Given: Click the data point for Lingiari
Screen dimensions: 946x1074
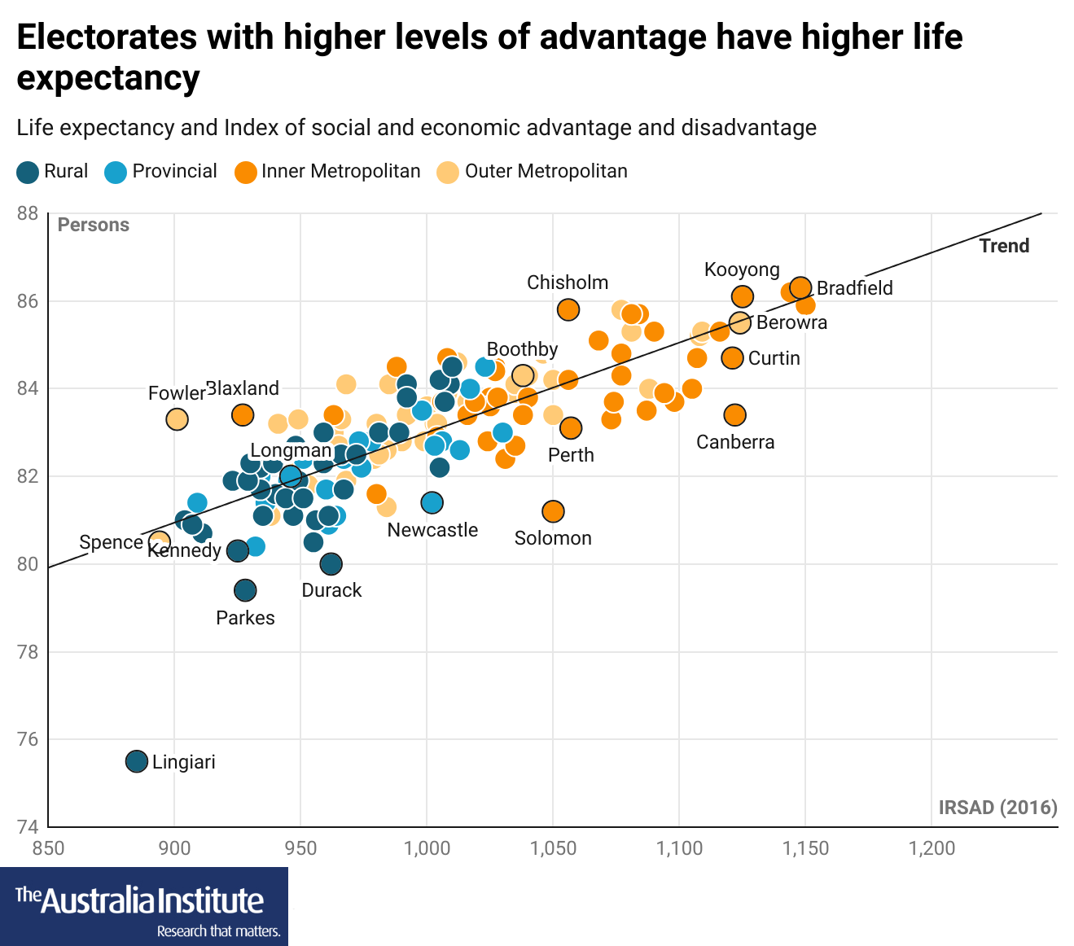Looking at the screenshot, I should [x=137, y=761].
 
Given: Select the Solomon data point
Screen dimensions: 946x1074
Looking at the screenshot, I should [x=553, y=511].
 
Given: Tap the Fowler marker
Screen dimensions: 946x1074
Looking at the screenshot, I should [x=177, y=419].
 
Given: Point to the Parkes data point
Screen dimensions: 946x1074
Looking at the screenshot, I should [x=245, y=590].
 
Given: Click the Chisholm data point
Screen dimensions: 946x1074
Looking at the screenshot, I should [x=568, y=309].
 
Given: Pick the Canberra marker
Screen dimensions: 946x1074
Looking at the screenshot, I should [x=734, y=415].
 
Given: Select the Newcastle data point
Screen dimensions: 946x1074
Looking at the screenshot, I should [x=432, y=502].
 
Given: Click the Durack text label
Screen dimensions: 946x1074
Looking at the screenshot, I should [x=331, y=590].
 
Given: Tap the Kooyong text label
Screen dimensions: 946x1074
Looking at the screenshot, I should [x=742, y=269].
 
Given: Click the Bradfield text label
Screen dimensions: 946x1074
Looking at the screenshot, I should [x=854, y=288].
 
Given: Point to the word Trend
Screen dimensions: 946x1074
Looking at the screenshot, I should [x=1004, y=246].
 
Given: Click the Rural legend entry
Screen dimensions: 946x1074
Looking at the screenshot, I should [x=53, y=172].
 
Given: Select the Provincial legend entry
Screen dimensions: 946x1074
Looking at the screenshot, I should [x=161, y=172].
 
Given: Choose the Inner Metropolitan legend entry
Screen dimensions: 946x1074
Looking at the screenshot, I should [x=327, y=172].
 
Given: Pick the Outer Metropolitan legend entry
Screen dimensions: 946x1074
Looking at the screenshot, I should [x=533, y=172].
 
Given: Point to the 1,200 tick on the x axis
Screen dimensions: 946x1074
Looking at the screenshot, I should [x=932, y=848].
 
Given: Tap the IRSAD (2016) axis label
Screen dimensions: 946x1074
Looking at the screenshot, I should [x=997, y=808].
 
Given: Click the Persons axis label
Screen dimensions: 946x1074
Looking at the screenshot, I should [x=94, y=226].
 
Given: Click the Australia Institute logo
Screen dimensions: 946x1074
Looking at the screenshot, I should [x=144, y=906].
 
